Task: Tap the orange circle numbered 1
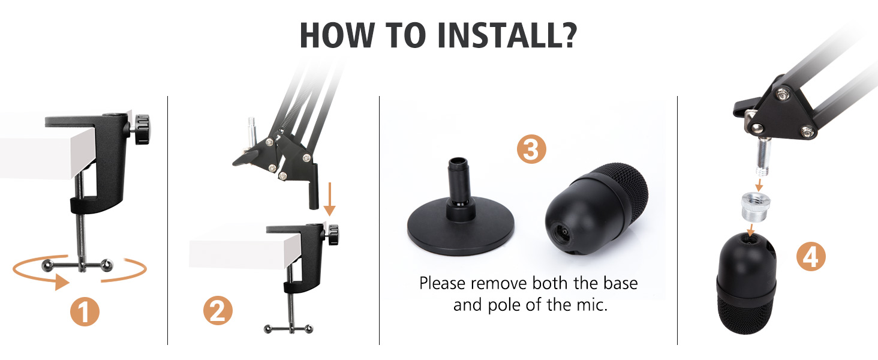click(x=85, y=311)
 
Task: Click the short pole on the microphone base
click(x=458, y=181)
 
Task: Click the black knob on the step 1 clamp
click(x=140, y=130)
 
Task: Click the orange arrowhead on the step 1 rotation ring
click(x=61, y=283)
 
